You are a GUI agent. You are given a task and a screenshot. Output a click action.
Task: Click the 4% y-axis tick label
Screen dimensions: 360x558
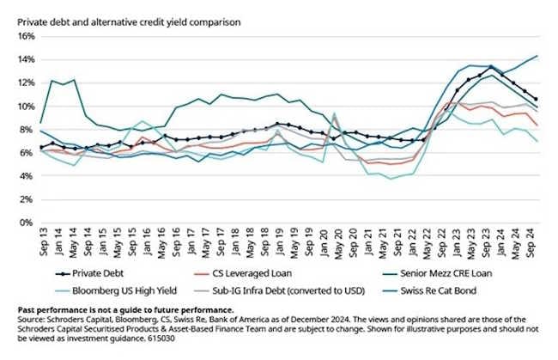click(25, 176)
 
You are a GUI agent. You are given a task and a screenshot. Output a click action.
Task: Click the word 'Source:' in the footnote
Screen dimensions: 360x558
click(33, 317)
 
